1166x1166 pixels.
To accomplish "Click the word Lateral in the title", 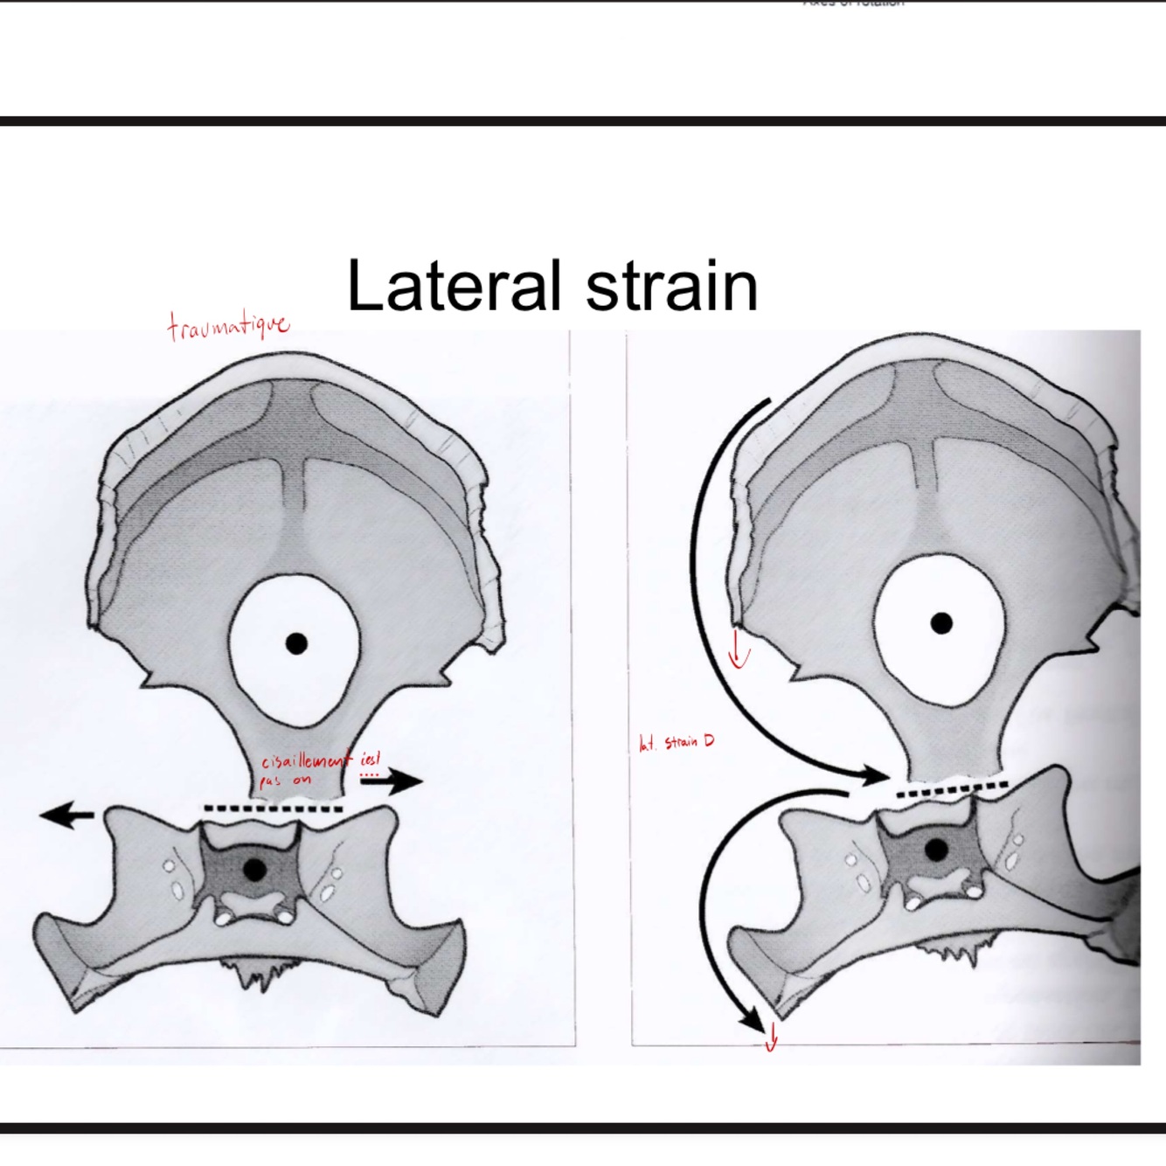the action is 453,286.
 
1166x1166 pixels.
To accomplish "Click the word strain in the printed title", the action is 670,286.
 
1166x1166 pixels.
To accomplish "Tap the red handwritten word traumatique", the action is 228,326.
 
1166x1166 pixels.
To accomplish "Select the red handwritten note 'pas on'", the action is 285,781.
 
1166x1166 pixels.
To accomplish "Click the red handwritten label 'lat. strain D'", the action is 677,743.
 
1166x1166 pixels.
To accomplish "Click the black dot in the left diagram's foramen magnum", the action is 296,644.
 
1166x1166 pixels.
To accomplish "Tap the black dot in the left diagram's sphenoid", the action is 254,870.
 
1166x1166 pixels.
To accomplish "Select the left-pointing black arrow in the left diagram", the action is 66,816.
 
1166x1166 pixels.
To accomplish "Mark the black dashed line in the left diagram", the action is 273,809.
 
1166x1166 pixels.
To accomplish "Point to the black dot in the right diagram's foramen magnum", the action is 941,623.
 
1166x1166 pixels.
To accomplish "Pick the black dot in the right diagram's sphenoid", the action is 936,850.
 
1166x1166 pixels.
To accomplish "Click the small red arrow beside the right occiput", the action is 739,650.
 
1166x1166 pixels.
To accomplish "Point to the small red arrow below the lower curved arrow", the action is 771,1040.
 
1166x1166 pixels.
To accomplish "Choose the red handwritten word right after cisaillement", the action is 371,760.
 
